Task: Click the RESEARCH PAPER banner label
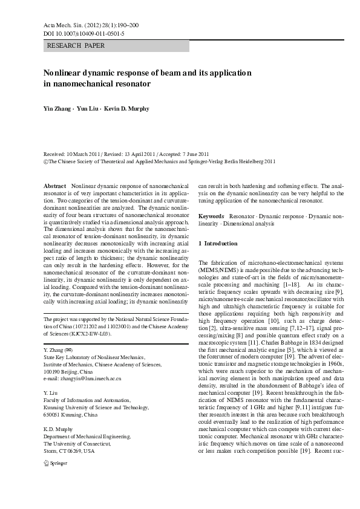(76, 46)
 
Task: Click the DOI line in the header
(84, 34)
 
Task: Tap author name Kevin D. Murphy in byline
(126, 109)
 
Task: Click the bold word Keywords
(211, 216)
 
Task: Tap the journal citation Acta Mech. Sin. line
(91, 25)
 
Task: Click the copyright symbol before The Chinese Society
(46, 162)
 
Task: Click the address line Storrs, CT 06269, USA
(69, 451)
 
